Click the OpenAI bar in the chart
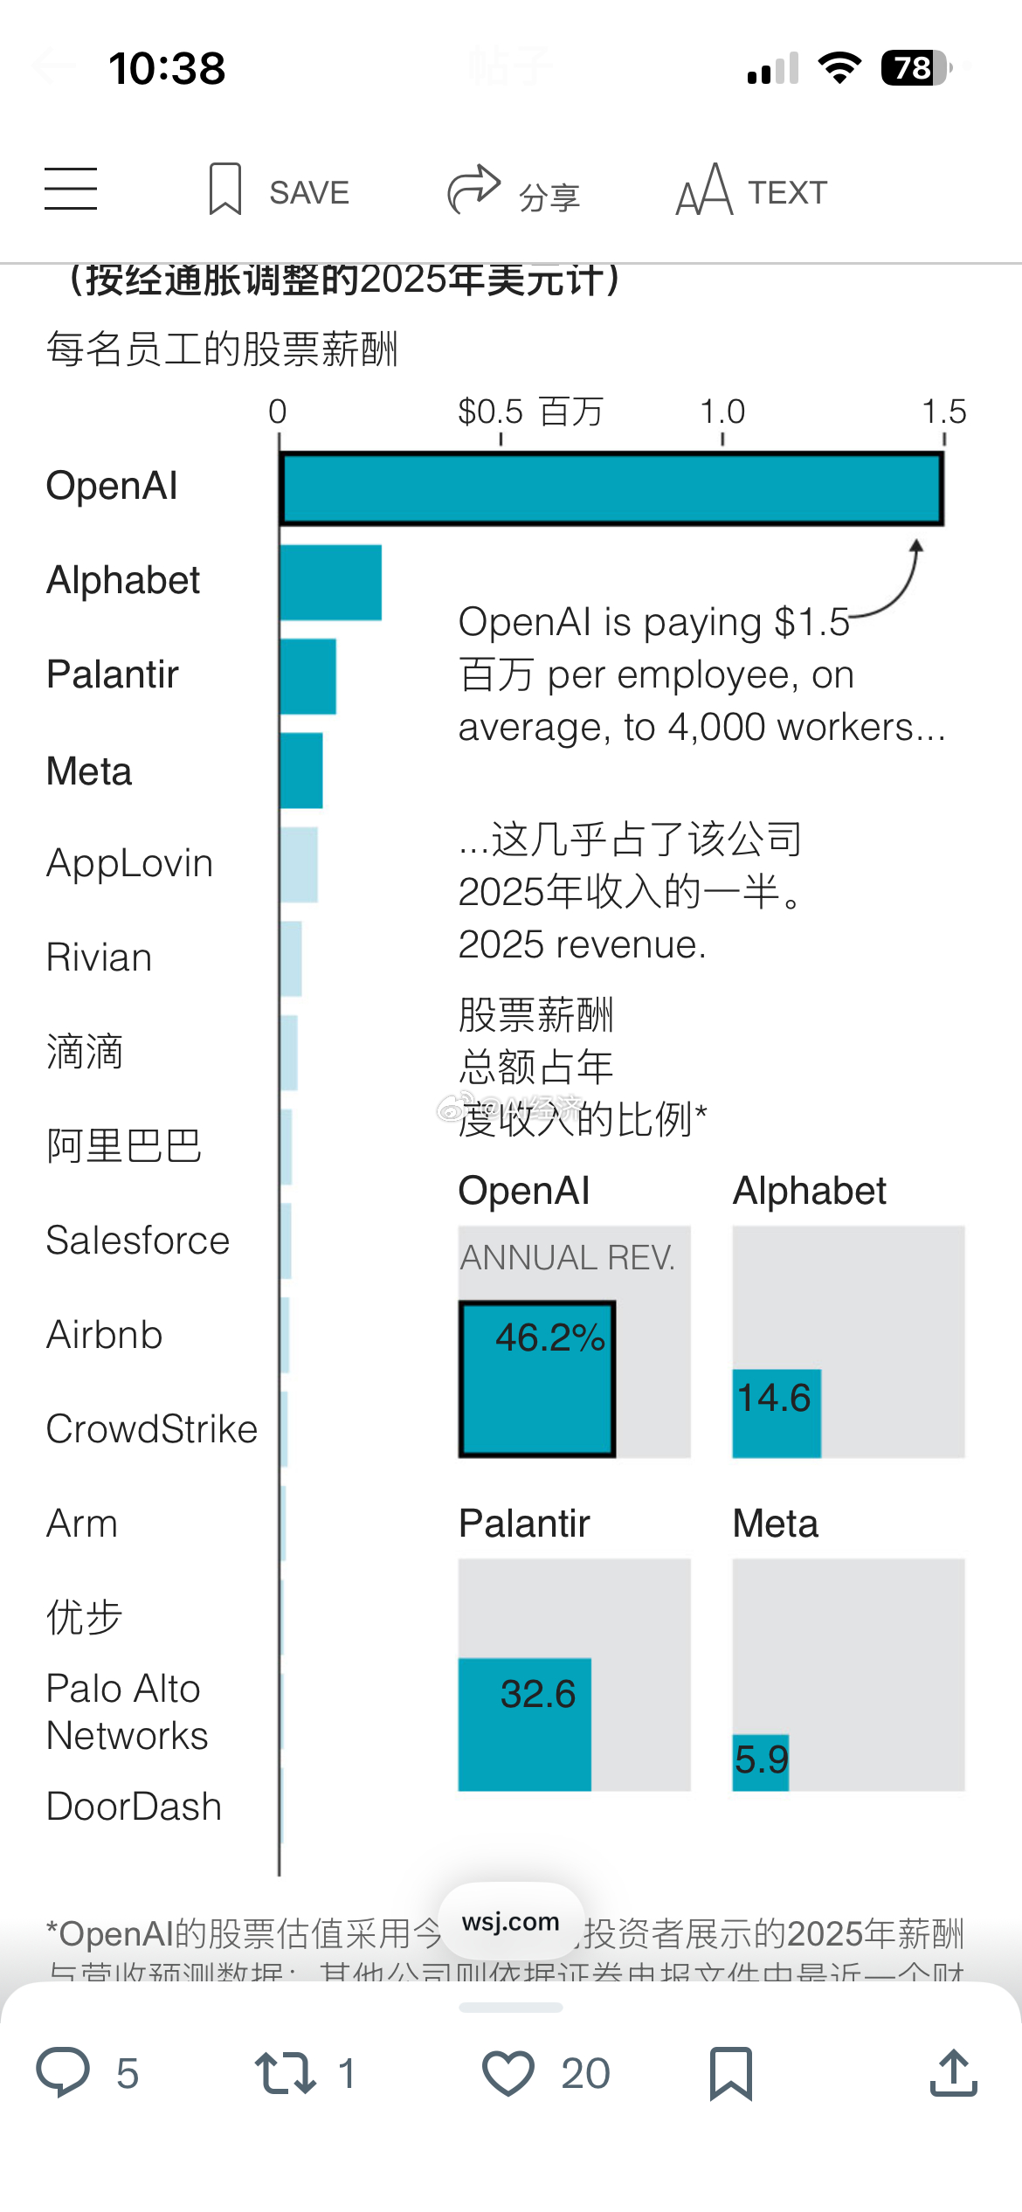(611, 489)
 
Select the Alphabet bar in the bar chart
(331, 583)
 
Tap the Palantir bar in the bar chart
(308, 676)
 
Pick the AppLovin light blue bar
(299, 864)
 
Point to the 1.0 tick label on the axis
(722, 411)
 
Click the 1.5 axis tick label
(944, 411)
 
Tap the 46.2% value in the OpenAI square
(549, 1338)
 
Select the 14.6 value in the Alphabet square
(774, 1398)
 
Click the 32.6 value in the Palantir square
(537, 1694)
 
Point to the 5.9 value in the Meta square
(762, 1759)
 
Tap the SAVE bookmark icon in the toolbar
(225, 190)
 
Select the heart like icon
(508, 2072)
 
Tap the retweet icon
(285, 2073)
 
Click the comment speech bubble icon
(63, 2072)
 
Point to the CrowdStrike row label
(152, 1429)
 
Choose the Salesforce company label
(138, 1241)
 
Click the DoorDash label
(135, 1806)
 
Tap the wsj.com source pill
(511, 1922)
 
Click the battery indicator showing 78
(915, 68)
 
